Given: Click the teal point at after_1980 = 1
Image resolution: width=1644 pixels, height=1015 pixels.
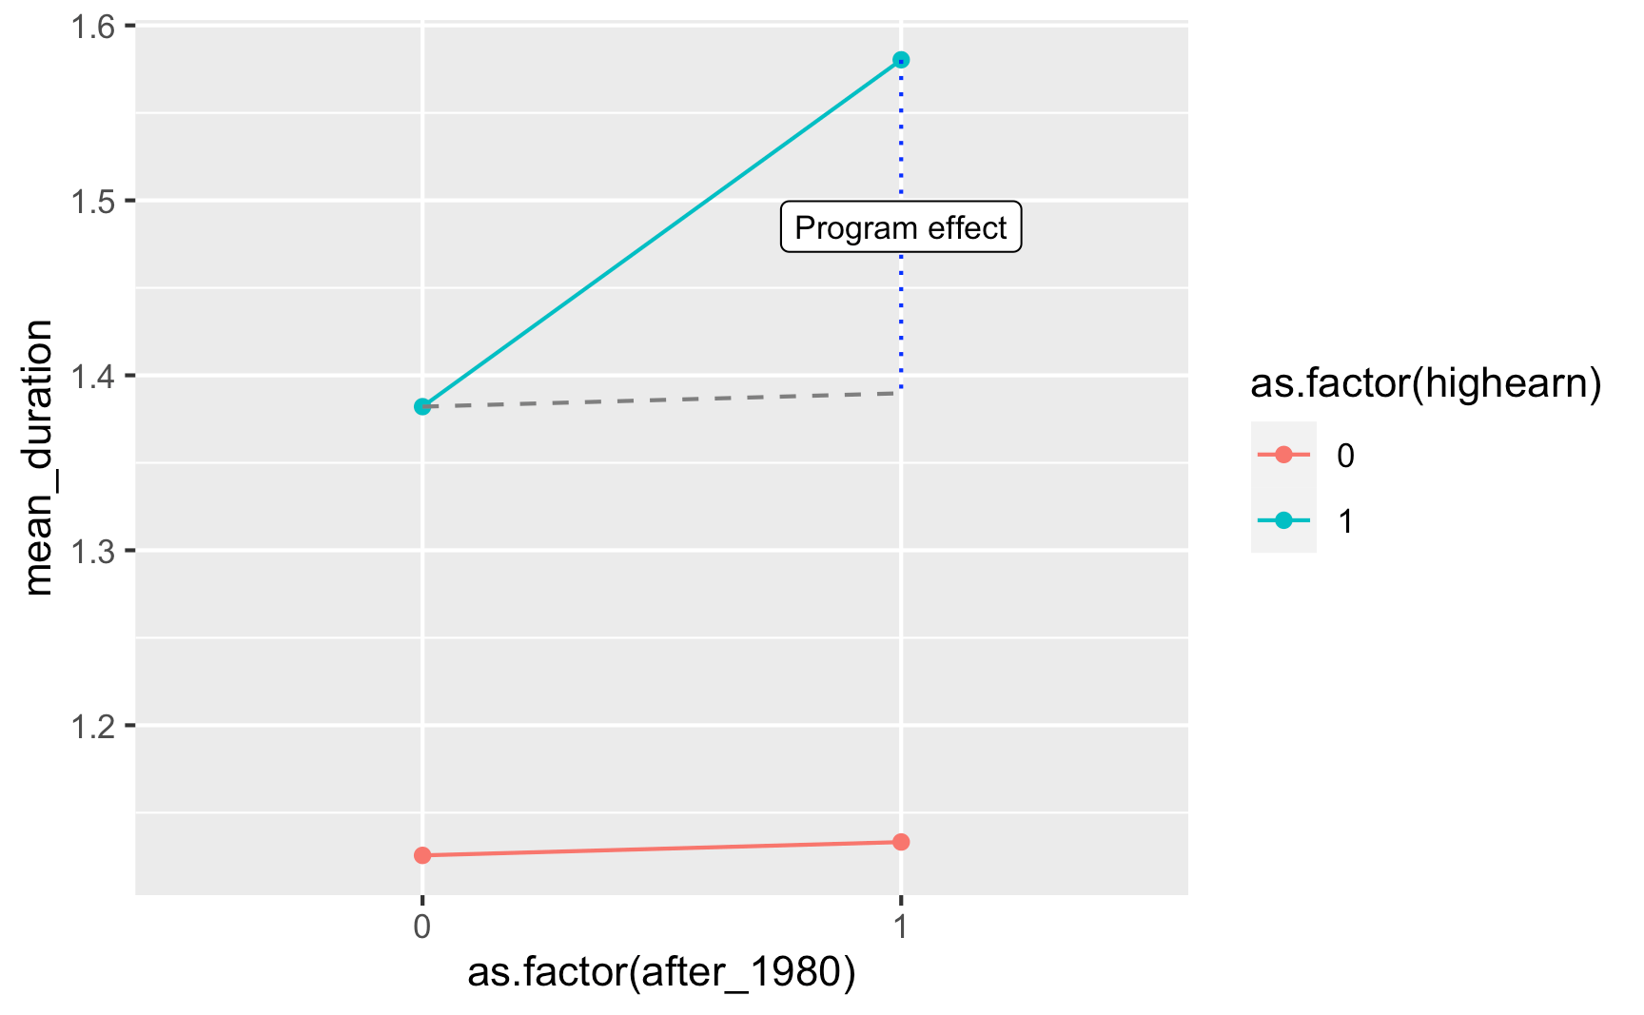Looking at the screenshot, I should [x=901, y=60].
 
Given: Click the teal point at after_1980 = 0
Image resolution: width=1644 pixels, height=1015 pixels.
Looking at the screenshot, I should [x=422, y=406].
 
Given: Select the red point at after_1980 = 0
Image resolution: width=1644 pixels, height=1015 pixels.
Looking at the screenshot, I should [x=422, y=855].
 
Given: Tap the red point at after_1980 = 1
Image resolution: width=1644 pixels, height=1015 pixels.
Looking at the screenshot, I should [x=901, y=842].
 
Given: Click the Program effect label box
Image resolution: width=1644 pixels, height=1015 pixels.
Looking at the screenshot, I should [x=900, y=227].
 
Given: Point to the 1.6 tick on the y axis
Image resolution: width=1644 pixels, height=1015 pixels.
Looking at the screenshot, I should [x=93, y=26].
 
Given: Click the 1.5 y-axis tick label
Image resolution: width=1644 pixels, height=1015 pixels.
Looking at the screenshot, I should [x=93, y=201].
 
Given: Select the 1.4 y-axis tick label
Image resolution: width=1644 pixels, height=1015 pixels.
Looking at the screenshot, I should [x=93, y=376].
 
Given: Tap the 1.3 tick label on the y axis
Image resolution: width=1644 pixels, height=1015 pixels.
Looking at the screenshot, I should [x=93, y=551].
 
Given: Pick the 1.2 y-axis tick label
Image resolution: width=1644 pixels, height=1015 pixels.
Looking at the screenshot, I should [x=93, y=726].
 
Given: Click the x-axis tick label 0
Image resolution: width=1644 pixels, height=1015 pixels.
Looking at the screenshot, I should [x=422, y=927].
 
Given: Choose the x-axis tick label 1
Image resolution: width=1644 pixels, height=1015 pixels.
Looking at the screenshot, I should [x=901, y=927].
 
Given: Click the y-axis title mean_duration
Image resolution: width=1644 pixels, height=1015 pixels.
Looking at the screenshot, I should [x=38, y=458].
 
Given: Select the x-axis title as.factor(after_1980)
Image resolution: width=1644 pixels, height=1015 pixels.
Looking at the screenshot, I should [x=661, y=973].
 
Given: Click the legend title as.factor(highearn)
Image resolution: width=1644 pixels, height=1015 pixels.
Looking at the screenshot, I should [x=1425, y=383].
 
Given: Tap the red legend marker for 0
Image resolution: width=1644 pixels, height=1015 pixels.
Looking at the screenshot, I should [x=1283, y=455].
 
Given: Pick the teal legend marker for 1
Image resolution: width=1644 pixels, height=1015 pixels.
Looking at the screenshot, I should [x=1283, y=520].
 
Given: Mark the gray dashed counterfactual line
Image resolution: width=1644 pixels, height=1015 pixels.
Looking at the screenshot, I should [x=666, y=400].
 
